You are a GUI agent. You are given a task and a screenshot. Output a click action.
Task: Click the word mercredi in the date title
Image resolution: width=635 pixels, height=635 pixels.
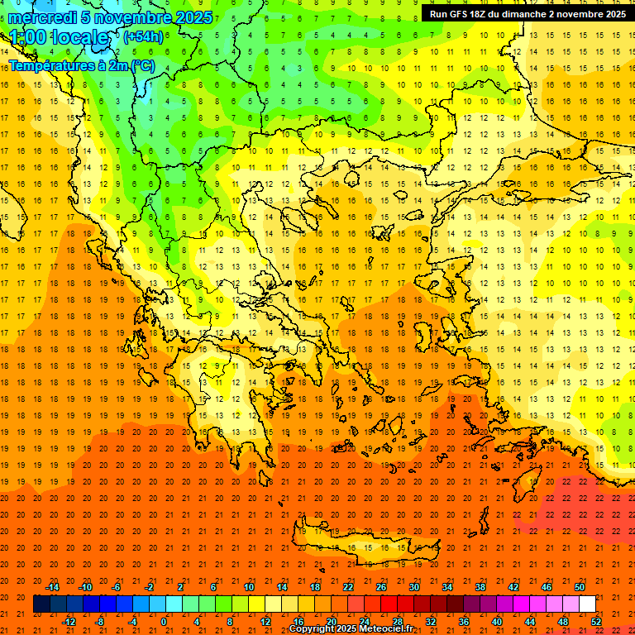point(43,17)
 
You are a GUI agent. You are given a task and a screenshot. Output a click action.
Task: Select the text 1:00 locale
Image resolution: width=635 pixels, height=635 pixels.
point(59,37)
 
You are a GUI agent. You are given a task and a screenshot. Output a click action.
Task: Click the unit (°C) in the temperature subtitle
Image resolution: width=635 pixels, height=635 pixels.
point(143,64)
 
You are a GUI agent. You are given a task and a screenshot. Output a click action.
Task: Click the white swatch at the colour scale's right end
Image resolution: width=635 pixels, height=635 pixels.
point(587,604)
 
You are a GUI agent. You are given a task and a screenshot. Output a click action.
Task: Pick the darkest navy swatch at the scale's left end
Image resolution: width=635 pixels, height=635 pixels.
point(41,604)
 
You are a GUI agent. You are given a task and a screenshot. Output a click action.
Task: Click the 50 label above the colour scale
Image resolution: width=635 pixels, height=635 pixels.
point(579,587)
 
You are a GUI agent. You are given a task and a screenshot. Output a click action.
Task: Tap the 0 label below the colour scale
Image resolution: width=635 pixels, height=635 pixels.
point(164,622)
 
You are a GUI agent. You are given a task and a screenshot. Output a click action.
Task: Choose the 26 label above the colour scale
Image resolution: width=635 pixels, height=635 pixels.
point(380,587)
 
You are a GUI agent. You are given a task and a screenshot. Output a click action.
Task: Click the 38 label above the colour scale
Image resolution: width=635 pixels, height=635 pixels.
point(480,587)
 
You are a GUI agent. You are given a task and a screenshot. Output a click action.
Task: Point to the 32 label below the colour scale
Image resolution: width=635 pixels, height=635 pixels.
point(430,622)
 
